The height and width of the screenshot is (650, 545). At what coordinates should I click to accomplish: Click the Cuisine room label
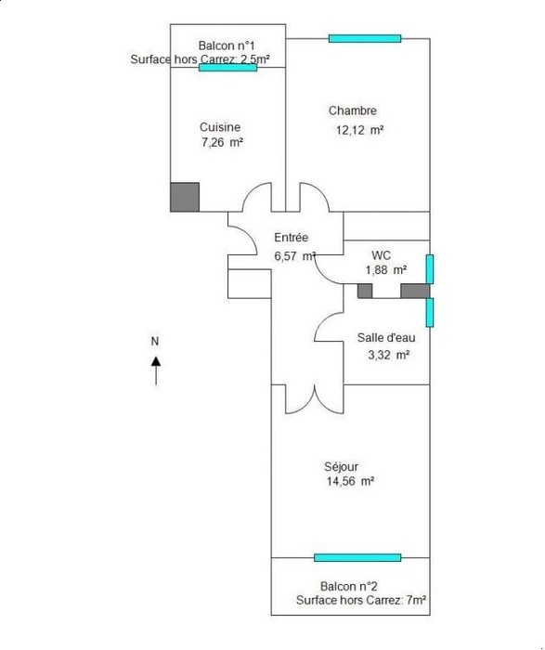(220, 127)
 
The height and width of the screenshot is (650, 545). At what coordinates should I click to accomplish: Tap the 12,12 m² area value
(359, 130)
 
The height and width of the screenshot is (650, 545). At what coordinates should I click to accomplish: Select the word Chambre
(353, 110)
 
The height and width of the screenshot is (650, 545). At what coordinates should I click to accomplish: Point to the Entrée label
(292, 238)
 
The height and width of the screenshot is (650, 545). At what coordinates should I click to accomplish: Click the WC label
(382, 255)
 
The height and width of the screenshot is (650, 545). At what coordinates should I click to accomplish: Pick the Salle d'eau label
(386, 337)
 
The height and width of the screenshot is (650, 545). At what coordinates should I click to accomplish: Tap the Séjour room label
(341, 467)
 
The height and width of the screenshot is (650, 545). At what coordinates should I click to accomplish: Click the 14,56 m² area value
(350, 481)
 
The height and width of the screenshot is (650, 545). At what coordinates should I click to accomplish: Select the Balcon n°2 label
(348, 586)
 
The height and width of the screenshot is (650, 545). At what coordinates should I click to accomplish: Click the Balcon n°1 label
(227, 45)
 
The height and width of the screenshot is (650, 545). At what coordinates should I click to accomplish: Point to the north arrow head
(156, 361)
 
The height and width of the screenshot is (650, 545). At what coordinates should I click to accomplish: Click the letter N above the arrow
(155, 341)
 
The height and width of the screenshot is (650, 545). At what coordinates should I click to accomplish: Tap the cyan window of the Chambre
(365, 39)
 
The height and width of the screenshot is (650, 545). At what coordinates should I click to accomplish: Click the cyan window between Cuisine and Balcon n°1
(228, 67)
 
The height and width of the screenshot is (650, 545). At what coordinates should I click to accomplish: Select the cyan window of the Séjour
(357, 557)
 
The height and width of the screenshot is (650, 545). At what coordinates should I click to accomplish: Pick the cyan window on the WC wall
(430, 269)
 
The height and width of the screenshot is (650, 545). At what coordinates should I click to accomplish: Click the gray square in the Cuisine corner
(185, 197)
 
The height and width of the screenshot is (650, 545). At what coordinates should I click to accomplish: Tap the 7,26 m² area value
(222, 142)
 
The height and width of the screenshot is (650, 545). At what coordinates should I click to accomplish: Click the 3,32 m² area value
(389, 356)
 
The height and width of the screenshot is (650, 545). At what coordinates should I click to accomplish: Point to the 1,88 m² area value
(385, 270)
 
